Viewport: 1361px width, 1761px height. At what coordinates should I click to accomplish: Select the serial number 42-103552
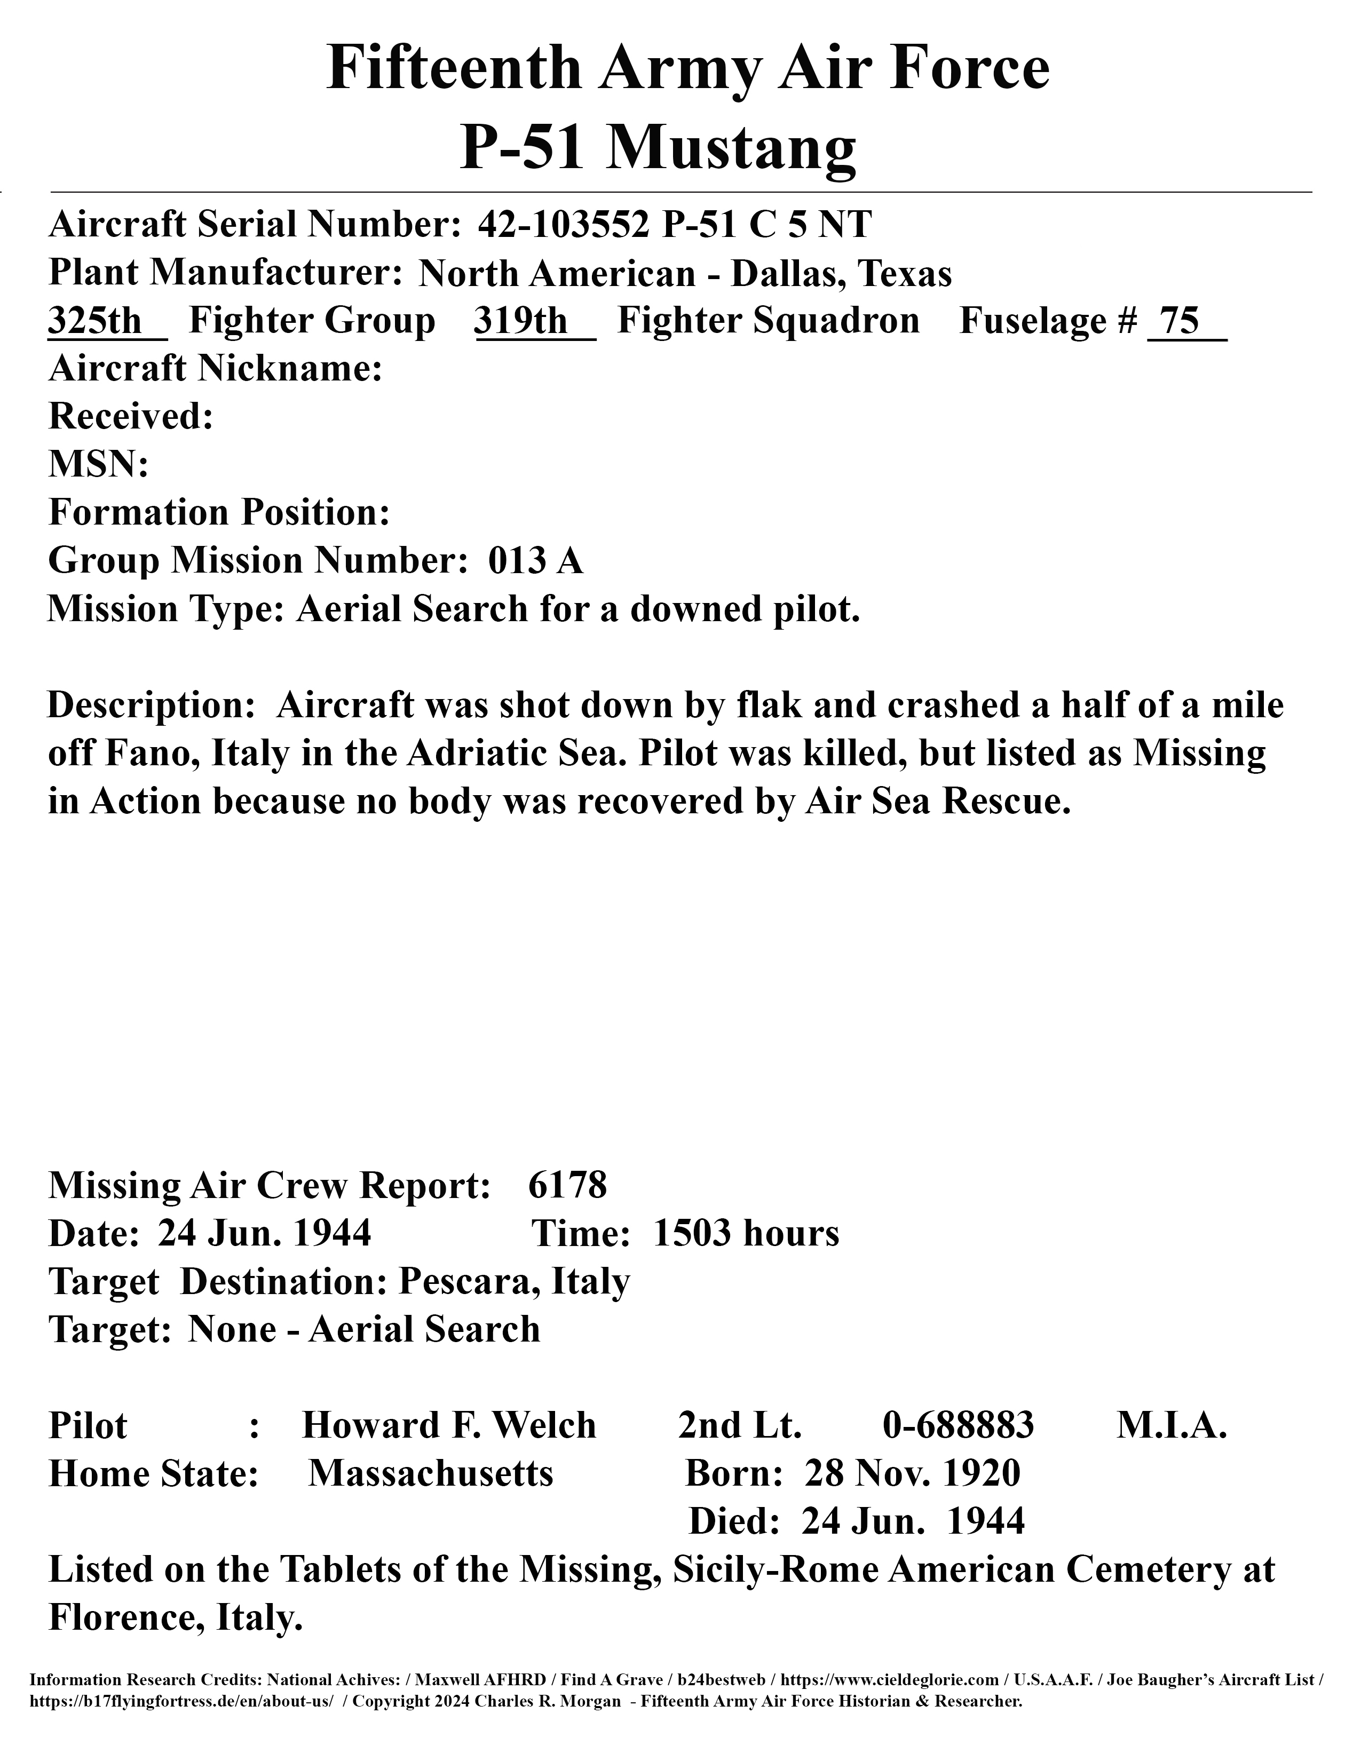(x=564, y=224)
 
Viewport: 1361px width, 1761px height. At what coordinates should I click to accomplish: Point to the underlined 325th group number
(x=95, y=321)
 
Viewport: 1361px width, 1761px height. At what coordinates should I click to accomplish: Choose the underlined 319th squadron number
(x=521, y=321)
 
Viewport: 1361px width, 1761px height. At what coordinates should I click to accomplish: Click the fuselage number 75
(x=1181, y=321)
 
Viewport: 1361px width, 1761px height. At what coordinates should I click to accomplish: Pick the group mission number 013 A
(x=535, y=560)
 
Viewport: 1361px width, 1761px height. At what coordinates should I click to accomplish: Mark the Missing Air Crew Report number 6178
(x=568, y=1185)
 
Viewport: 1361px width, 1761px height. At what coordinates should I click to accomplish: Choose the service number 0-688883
(x=958, y=1425)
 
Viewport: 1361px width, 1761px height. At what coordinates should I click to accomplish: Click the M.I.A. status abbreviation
(x=1172, y=1425)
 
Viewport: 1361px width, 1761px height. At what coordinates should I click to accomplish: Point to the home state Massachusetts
(x=431, y=1473)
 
